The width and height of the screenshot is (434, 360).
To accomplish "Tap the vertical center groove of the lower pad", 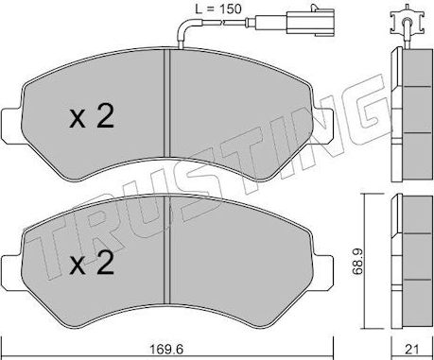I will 166,248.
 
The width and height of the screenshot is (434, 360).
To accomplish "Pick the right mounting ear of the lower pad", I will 324,267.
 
